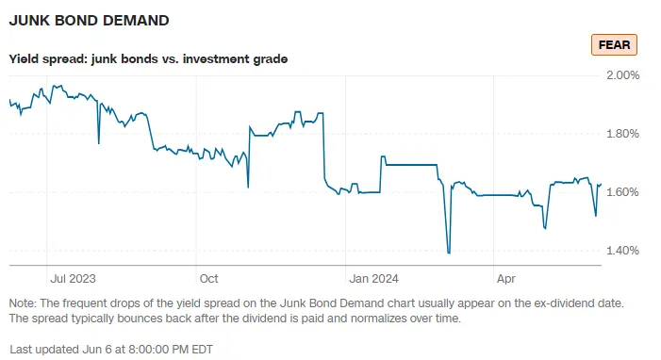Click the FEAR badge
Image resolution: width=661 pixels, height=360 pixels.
(615, 44)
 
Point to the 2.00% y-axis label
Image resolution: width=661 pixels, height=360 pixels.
(621, 74)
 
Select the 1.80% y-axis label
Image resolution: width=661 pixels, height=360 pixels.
(621, 133)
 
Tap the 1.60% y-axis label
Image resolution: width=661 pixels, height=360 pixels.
(621, 191)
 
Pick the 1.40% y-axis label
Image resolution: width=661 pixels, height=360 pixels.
(621, 250)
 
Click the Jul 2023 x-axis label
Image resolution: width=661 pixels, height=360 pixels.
(73, 279)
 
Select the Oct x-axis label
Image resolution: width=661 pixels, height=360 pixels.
(208, 279)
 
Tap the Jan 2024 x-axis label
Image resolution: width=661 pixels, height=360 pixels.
(372, 279)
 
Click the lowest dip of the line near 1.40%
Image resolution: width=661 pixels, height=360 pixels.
(449, 253)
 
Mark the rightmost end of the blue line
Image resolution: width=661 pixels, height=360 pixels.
(601, 185)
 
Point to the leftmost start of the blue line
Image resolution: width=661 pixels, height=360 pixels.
(9, 100)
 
